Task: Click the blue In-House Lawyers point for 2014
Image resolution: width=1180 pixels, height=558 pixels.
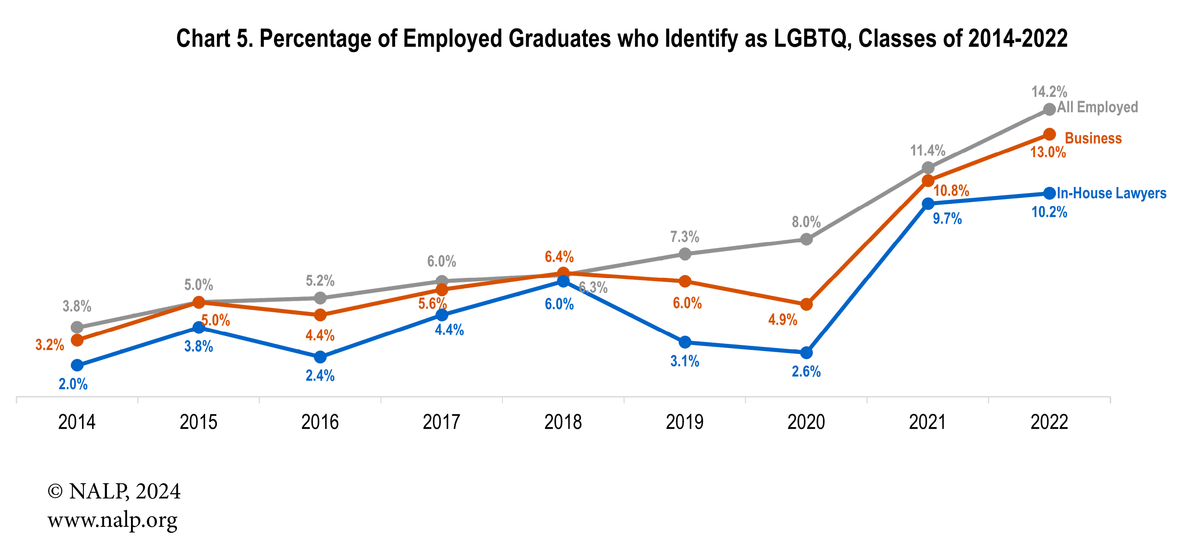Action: click(x=78, y=365)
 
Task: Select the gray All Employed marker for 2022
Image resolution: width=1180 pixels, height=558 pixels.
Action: click(x=1049, y=109)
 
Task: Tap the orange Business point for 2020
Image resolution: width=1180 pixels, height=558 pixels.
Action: click(x=806, y=304)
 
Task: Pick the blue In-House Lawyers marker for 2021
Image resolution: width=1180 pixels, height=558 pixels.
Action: click(x=928, y=204)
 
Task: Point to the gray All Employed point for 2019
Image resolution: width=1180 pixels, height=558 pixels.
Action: click(x=684, y=254)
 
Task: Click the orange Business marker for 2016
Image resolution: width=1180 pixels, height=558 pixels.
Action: click(x=320, y=315)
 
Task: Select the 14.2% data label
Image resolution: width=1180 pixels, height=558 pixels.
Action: click(x=1049, y=91)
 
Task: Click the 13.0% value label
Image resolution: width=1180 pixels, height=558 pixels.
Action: click(x=1048, y=152)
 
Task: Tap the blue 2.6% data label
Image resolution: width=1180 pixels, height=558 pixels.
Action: click(x=806, y=371)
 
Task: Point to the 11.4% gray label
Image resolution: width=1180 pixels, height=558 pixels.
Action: click(x=927, y=150)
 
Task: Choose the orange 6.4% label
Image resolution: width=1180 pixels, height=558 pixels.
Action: click(x=559, y=257)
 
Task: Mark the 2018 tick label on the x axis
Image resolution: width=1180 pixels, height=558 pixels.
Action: click(x=563, y=422)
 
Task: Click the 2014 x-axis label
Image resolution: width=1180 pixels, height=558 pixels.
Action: click(x=77, y=422)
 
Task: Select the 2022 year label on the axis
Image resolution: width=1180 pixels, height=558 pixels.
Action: click(x=1049, y=422)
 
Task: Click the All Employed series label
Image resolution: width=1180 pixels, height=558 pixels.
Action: click(x=1097, y=107)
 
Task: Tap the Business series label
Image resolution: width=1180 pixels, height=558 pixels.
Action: click(x=1093, y=138)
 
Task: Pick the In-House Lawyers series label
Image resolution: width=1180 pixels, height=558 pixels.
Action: click(x=1111, y=193)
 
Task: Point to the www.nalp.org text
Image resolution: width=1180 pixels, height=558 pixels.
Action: click(x=112, y=520)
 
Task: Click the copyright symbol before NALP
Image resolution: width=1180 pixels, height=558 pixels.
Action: click(x=55, y=491)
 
